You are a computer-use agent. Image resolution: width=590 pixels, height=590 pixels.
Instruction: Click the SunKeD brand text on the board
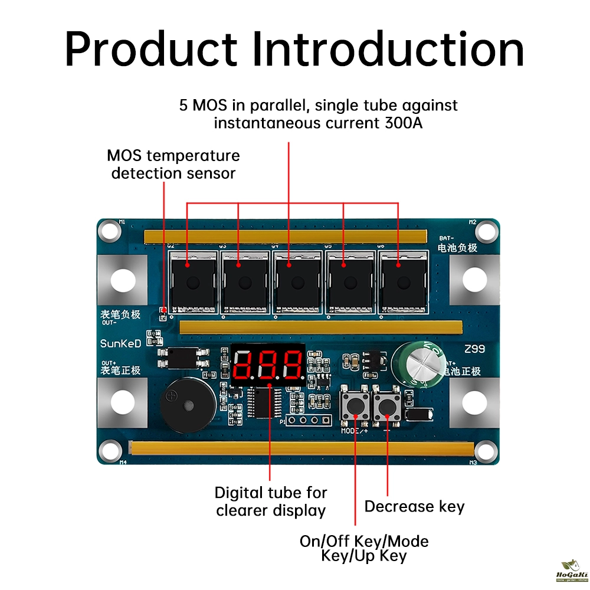click(x=120, y=343)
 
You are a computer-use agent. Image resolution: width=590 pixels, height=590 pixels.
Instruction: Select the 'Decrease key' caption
click(x=414, y=506)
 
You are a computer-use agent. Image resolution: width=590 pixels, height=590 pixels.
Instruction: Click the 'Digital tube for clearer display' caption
click(x=270, y=501)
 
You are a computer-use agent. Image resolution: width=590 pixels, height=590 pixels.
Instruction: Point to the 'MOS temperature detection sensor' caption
click(x=173, y=165)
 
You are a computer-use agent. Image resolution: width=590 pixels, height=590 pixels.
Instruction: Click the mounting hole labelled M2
click(x=485, y=229)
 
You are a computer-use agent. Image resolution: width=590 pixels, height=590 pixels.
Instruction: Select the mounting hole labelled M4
click(x=110, y=452)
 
